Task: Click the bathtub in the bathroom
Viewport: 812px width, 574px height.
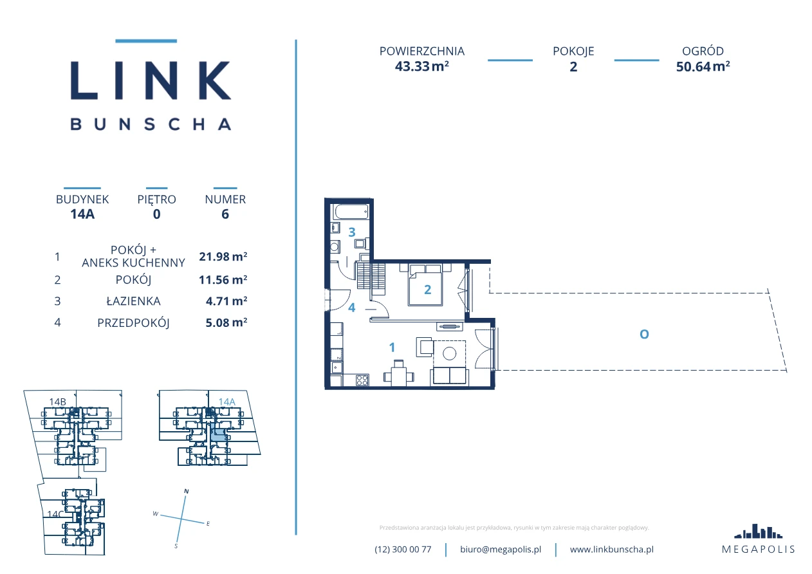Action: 351,212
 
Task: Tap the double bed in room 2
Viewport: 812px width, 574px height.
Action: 425,285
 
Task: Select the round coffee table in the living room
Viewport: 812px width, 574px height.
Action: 450,353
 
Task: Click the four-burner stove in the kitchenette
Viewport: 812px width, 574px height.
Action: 362,380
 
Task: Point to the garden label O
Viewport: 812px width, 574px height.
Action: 644,334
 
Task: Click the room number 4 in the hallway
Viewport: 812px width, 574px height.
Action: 351,308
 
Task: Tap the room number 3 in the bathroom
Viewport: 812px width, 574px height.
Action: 351,232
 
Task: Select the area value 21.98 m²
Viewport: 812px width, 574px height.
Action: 223,256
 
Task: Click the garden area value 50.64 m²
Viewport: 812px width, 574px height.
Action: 703,66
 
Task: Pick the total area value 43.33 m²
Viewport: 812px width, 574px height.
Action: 422,66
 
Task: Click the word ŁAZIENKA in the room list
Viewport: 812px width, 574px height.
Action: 133,301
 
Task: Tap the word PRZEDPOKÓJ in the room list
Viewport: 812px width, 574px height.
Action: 133,322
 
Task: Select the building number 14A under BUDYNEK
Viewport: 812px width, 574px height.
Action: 82,214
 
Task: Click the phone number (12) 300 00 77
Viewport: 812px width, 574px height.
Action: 403,550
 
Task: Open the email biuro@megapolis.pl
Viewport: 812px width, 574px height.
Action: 501,550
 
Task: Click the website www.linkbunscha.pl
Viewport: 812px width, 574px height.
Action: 612,550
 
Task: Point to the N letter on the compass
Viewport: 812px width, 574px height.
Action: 187,492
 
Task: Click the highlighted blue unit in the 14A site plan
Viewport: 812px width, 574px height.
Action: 218,434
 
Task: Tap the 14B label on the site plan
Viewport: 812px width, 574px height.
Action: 58,402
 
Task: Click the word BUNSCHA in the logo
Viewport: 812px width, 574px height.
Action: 151,124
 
